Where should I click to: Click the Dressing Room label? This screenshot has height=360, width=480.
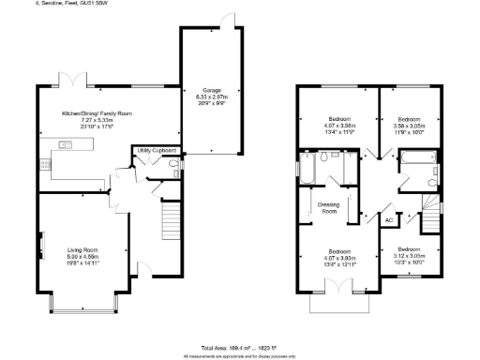point(328,208)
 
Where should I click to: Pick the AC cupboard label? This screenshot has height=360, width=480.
point(388,219)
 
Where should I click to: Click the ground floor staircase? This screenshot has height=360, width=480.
point(171,222)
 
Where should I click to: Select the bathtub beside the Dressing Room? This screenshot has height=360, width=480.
point(307,169)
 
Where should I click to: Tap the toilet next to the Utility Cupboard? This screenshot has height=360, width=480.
point(175,168)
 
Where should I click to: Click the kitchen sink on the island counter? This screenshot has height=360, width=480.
point(66,144)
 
